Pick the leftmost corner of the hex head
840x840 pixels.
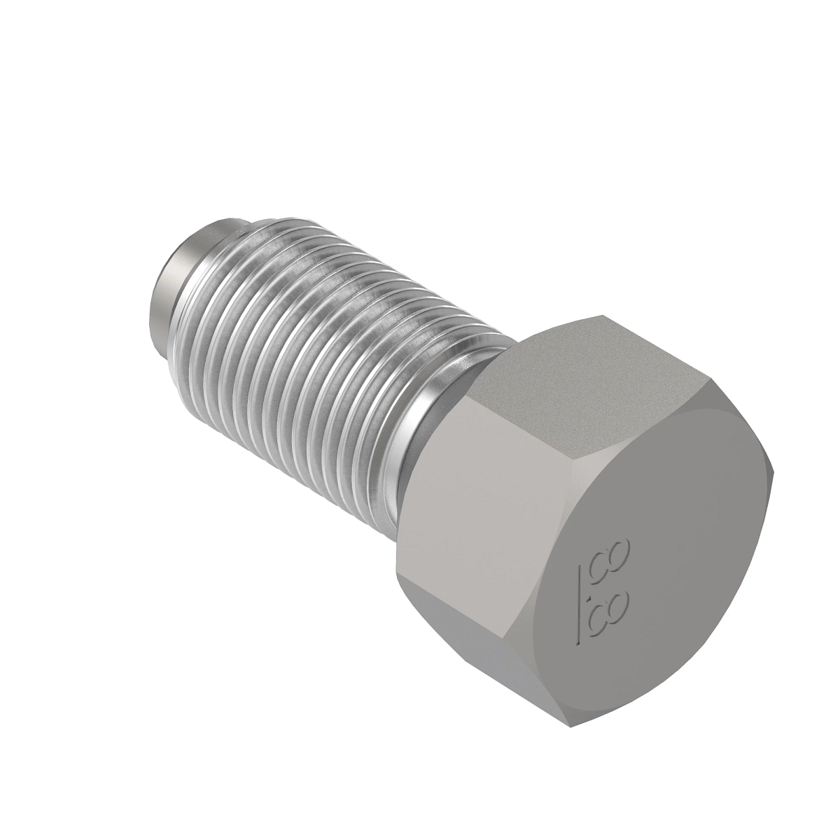tap(397, 563)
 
